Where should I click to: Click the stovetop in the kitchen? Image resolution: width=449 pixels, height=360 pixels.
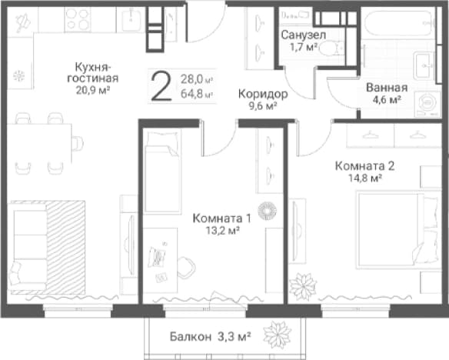pyautogui.click(x=78, y=19)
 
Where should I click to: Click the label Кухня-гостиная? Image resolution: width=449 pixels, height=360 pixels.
pyautogui.click(x=92, y=73)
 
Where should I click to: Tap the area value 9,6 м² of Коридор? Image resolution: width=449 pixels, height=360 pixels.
pyautogui.click(x=263, y=106)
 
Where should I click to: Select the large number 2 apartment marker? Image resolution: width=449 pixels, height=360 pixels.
pyautogui.click(x=161, y=86)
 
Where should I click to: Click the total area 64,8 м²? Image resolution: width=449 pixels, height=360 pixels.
pyautogui.click(x=198, y=94)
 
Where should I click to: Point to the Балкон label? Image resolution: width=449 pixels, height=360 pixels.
pyautogui.click(x=191, y=337)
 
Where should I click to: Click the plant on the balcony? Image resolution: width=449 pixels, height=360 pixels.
pyautogui.click(x=278, y=335)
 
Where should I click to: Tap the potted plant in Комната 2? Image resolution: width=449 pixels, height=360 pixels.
pyautogui.click(x=303, y=287)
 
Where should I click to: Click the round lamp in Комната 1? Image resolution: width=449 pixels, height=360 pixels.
pyautogui.click(x=267, y=211)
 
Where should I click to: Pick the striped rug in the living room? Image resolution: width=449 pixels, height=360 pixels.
pyautogui.click(x=65, y=248)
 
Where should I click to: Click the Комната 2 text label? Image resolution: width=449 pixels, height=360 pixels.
pyautogui.click(x=364, y=166)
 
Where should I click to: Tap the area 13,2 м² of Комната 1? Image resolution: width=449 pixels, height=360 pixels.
pyautogui.click(x=222, y=230)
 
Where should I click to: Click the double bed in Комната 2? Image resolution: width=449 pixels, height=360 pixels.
pyautogui.click(x=398, y=231)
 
